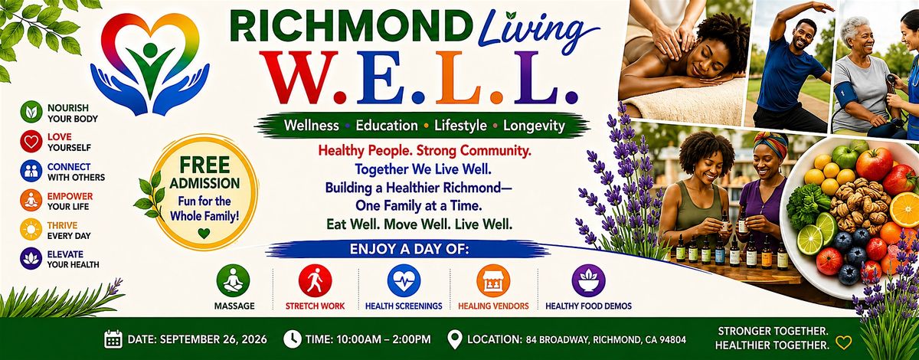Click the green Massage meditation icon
[x=233, y=281]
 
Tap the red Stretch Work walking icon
[x=315, y=281]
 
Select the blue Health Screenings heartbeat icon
[x=404, y=281]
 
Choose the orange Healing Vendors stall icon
[x=493, y=281]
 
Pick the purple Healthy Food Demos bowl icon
[x=588, y=281]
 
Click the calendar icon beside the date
[x=113, y=339]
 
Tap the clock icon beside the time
[x=293, y=339]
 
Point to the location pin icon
[x=454, y=340]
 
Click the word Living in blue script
[x=538, y=29]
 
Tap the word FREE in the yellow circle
[x=204, y=165]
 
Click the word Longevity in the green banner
[x=535, y=126]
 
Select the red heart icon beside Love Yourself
[x=31, y=142]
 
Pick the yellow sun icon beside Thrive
[x=31, y=230]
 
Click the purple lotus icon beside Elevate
[x=31, y=259]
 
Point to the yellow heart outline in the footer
[x=844, y=342]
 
